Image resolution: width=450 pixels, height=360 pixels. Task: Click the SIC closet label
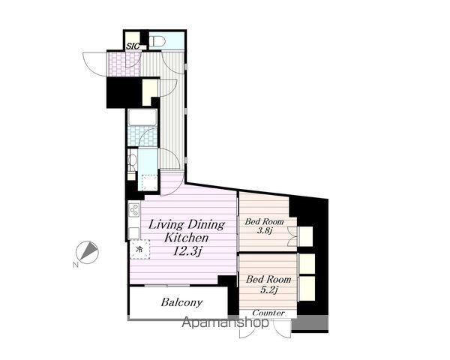pyautogui.click(x=133, y=46)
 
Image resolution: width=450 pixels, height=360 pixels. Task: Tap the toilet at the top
pyautogui.click(x=157, y=41)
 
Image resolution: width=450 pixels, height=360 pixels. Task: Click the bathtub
pyautogui.click(x=142, y=118)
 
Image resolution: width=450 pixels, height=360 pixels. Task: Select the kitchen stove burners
pyautogui.click(x=134, y=210)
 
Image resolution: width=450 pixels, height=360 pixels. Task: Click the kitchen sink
pyautogui.click(x=133, y=233)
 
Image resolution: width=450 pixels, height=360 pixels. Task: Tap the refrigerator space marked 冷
pyautogui.click(x=139, y=249)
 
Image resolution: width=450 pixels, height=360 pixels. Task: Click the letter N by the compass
pyautogui.click(x=76, y=265)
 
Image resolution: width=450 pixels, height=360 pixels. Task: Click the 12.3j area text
pyautogui.click(x=187, y=252)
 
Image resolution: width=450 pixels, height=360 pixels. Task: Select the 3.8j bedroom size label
pyautogui.click(x=264, y=230)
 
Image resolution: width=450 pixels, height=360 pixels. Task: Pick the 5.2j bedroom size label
pyautogui.click(x=268, y=289)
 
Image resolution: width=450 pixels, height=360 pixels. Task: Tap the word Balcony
pyautogui.click(x=181, y=302)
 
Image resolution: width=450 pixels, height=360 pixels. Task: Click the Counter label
pyautogui.click(x=268, y=313)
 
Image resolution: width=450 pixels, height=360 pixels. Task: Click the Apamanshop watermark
pyautogui.click(x=225, y=322)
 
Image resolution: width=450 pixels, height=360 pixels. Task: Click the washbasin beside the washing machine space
pyautogui.click(x=132, y=160)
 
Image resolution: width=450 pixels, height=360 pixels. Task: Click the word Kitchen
pyautogui.click(x=186, y=238)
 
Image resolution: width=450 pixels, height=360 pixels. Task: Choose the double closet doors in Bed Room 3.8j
pyautogui.click(x=292, y=236)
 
